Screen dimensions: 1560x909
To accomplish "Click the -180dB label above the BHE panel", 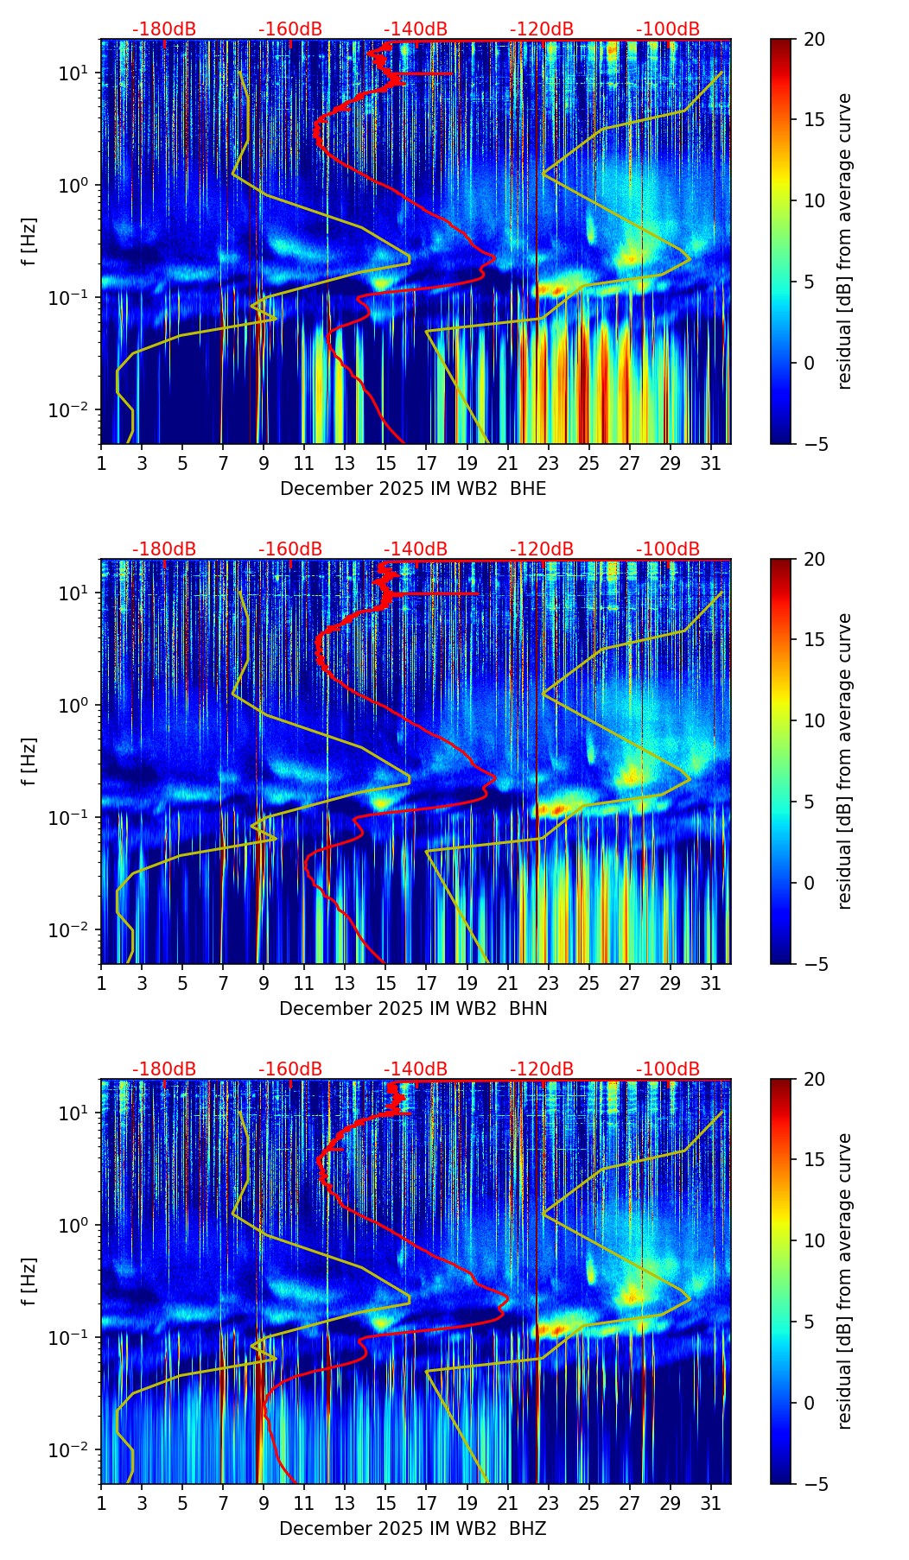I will click(x=164, y=29).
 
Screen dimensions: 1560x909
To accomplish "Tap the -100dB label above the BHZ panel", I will click(x=668, y=1069).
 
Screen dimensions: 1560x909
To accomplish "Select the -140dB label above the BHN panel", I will click(x=416, y=549).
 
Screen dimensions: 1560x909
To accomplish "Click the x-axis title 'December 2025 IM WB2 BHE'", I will click(x=413, y=489).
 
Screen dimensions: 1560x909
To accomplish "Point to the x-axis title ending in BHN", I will click(x=413, y=1009).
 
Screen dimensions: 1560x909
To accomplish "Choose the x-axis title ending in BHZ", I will click(x=413, y=1529).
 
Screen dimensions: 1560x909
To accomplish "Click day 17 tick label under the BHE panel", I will click(x=426, y=463).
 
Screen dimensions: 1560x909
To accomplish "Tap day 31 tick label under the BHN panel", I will click(x=711, y=983).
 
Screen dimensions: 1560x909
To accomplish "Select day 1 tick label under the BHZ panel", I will click(x=101, y=1503).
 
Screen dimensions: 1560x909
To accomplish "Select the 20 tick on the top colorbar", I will click(x=814, y=40).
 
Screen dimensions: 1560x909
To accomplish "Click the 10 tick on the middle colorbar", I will click(x=814, y=720).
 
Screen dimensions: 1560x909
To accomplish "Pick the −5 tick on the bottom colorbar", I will click(x=814, y=1484).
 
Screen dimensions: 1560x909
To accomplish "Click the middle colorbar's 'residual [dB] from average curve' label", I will click(x=845, y=761).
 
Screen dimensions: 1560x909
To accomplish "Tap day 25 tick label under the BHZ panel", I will click(x=589, y=1503).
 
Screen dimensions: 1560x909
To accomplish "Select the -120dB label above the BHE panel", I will click(x=542, y=29).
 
